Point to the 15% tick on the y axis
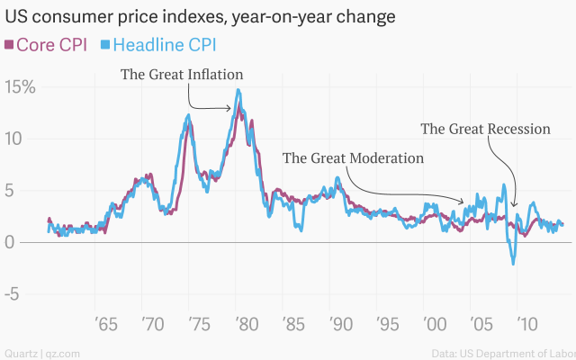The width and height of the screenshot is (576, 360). [x=20, y=87]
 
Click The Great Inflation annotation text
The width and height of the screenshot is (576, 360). [x=182, y=74]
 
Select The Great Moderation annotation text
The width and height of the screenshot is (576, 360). [x=353, y=158]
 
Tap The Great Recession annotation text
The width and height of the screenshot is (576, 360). [x=485, y=129]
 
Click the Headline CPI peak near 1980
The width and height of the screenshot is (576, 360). [x=238, y=89]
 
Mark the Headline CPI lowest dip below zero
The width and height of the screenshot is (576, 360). [x=513, y=264]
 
